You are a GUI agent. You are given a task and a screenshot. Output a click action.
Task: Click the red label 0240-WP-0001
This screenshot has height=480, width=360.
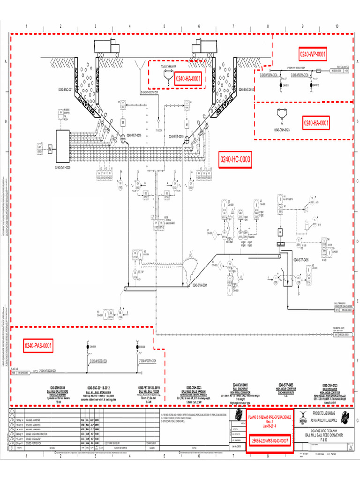coord(313,54)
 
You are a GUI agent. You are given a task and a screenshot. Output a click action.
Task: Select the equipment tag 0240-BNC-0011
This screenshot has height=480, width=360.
coord(66,89)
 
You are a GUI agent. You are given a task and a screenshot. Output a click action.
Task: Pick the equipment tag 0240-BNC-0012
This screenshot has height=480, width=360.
coord(246,89)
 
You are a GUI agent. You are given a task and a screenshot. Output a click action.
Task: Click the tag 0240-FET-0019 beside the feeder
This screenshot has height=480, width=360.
coord(175,136)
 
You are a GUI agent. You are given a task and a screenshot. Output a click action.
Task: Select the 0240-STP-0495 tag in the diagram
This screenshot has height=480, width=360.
coord(300,259)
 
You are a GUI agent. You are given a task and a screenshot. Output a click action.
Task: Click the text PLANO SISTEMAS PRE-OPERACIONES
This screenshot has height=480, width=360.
coord(270,417)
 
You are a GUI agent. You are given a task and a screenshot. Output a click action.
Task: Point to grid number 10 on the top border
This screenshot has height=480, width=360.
coord(337,26)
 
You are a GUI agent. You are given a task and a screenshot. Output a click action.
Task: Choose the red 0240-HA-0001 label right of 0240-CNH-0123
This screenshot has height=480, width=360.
coord(316,123)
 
